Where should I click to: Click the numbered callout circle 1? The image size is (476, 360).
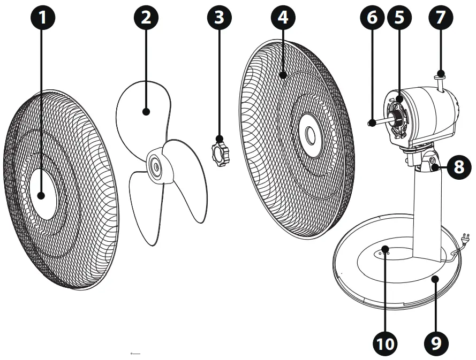tap(43, 18)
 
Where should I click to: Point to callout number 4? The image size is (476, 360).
tap(283, 18)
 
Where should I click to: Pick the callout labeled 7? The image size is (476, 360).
tap(440, 18)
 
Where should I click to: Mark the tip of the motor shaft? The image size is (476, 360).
tap(371, 123)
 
